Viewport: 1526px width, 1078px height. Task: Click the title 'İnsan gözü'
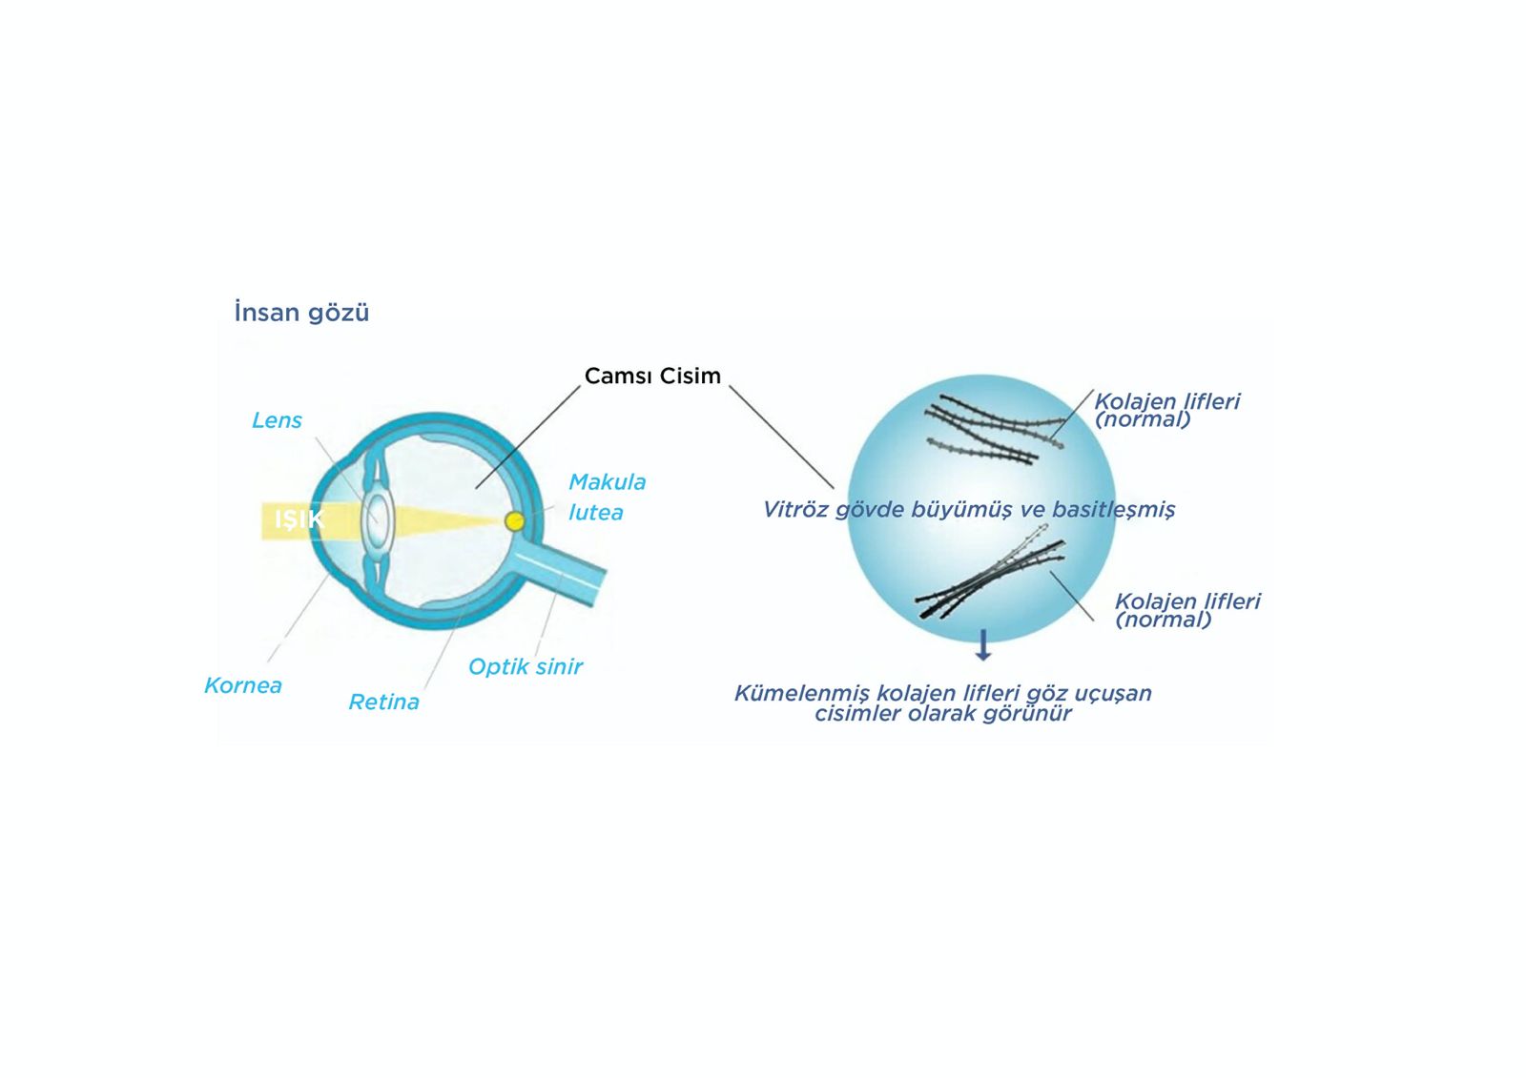point(301,313)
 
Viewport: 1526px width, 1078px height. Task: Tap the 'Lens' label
point(277,420)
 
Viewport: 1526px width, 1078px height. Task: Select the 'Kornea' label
point(243,685)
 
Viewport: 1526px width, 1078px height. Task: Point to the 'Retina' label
point(383,702)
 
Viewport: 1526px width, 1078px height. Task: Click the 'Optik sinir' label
point(525,667)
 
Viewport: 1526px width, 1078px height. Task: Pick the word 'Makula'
point(607,482)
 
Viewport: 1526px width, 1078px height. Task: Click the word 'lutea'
point(595,513)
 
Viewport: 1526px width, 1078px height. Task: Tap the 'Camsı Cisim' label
point(652,376)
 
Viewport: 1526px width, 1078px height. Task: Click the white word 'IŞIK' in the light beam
point(299,519)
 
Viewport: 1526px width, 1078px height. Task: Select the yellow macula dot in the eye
point(514,521)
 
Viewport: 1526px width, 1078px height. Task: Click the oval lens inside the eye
point(377,520)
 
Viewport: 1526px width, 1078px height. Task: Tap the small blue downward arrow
point(983,645)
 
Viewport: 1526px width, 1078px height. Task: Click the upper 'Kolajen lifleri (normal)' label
point(1166,410)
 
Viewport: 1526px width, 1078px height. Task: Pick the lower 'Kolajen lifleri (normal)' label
point(1187,610)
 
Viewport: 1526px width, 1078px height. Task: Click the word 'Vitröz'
point(795,510)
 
